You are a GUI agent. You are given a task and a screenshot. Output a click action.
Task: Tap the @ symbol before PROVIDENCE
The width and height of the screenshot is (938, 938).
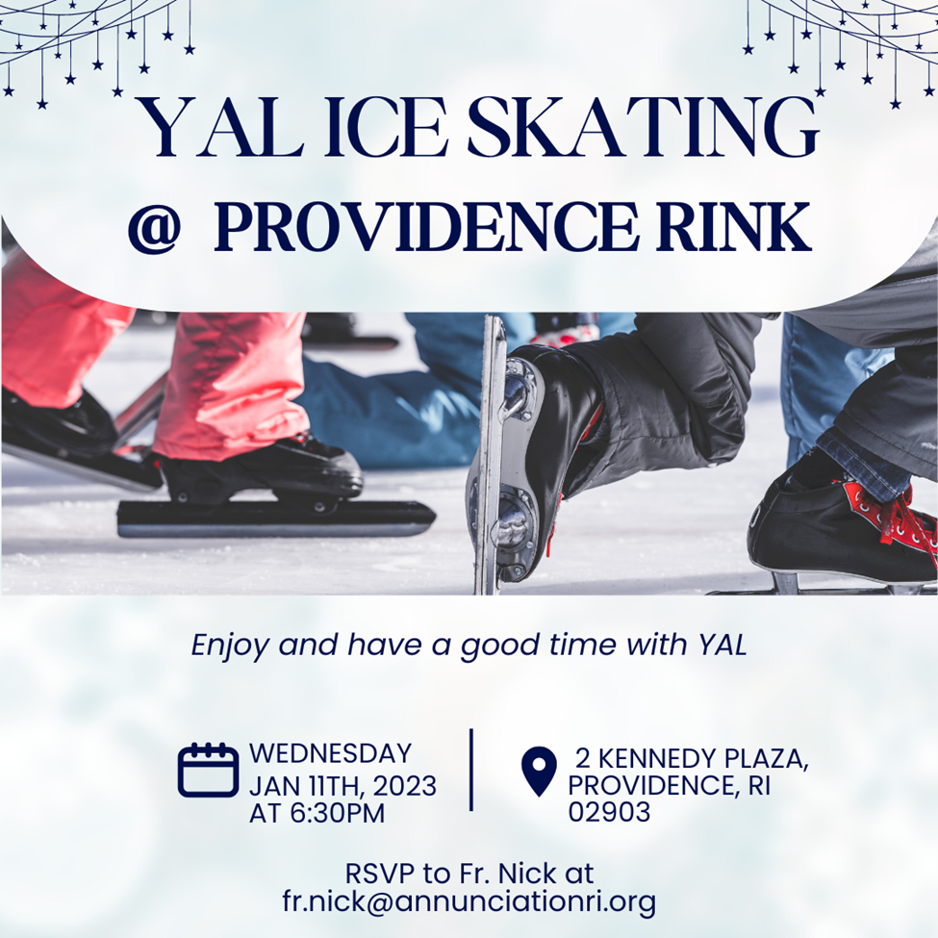154,227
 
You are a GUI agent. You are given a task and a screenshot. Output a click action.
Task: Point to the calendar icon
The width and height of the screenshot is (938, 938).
208,770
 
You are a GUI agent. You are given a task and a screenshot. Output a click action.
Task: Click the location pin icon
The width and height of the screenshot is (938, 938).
539,772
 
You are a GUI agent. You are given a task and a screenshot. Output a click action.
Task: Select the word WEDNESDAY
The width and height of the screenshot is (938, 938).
330,753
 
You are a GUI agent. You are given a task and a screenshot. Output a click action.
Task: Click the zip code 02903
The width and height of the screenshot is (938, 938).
608,812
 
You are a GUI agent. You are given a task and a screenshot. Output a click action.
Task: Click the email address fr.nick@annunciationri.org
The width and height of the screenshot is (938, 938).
469,902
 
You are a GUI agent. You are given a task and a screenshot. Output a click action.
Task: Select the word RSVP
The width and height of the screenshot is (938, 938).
380,874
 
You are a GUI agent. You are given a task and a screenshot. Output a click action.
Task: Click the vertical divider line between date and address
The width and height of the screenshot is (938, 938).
471,770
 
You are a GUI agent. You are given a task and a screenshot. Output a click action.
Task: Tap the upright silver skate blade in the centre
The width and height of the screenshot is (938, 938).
491,455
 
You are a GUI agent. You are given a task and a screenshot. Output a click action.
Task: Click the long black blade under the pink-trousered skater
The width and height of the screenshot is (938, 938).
275,518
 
